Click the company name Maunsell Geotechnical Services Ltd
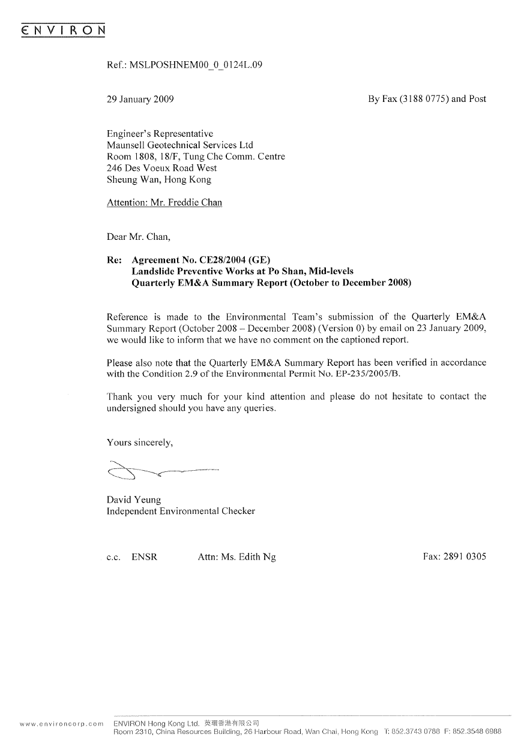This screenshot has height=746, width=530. tap(179, 145)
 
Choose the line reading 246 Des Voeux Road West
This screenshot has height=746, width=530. tap(161, 169)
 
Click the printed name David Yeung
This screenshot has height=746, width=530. tap(133, 500)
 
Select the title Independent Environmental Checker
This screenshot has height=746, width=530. tap(180, 512)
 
